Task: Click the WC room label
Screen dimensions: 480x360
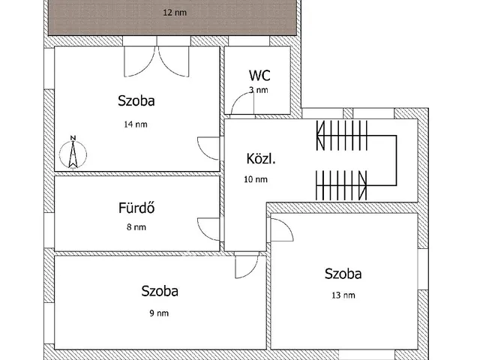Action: [259, 76]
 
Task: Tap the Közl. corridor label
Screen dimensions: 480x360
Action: [261, 159]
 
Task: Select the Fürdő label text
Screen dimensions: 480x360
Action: [136, 208]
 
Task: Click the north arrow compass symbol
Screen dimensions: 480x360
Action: [73, 152]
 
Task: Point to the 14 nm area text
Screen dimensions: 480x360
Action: [136, 124]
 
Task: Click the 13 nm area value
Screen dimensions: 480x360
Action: [343, 295]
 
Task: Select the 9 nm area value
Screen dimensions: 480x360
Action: [159, 313]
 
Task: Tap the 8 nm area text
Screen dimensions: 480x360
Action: [136, 227]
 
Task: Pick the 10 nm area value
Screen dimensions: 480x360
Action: [256, 179]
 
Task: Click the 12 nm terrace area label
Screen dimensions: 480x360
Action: [175, 13]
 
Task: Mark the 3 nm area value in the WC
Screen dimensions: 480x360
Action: [259, 90]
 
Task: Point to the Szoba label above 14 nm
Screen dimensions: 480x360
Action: [136, 101]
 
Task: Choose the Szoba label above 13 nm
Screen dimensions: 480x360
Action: [343, 274]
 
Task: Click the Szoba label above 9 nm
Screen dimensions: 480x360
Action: [160, 291]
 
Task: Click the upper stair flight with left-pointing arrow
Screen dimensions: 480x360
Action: [342, 135]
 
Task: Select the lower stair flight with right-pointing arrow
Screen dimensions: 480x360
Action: [341, 185]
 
